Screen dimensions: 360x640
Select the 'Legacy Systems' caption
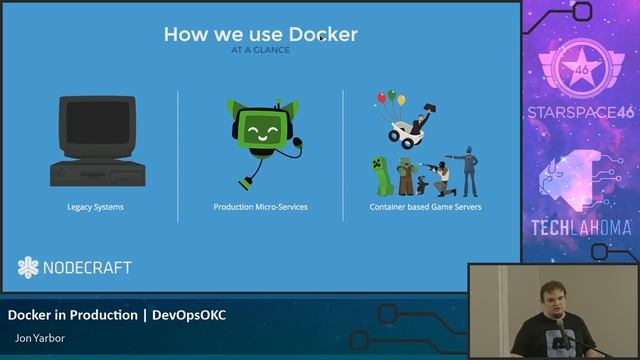pos(97,207)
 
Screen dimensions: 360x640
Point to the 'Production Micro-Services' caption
pos(260,207)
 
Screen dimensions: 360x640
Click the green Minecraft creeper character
pos(379,175)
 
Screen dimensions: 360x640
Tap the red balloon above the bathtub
pos(381,98)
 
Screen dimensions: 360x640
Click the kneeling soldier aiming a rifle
pos(442,177)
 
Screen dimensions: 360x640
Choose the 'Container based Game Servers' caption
pos(425,207)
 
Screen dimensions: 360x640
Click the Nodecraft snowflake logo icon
pos(28,267)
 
